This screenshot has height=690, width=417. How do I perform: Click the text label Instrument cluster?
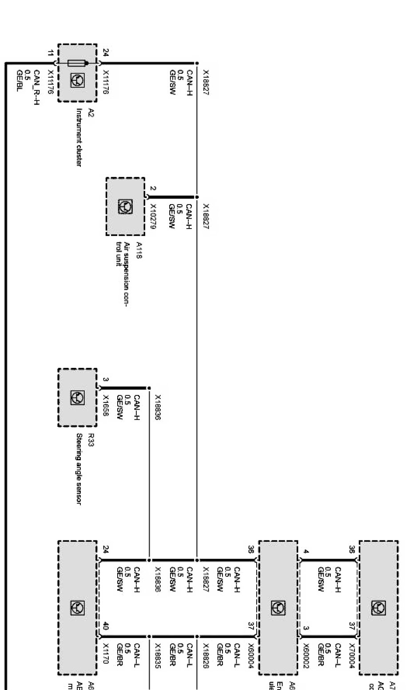point(79,138)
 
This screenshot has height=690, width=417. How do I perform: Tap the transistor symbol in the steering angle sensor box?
point(77,398)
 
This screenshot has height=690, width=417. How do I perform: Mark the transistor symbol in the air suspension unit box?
point(125,207)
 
